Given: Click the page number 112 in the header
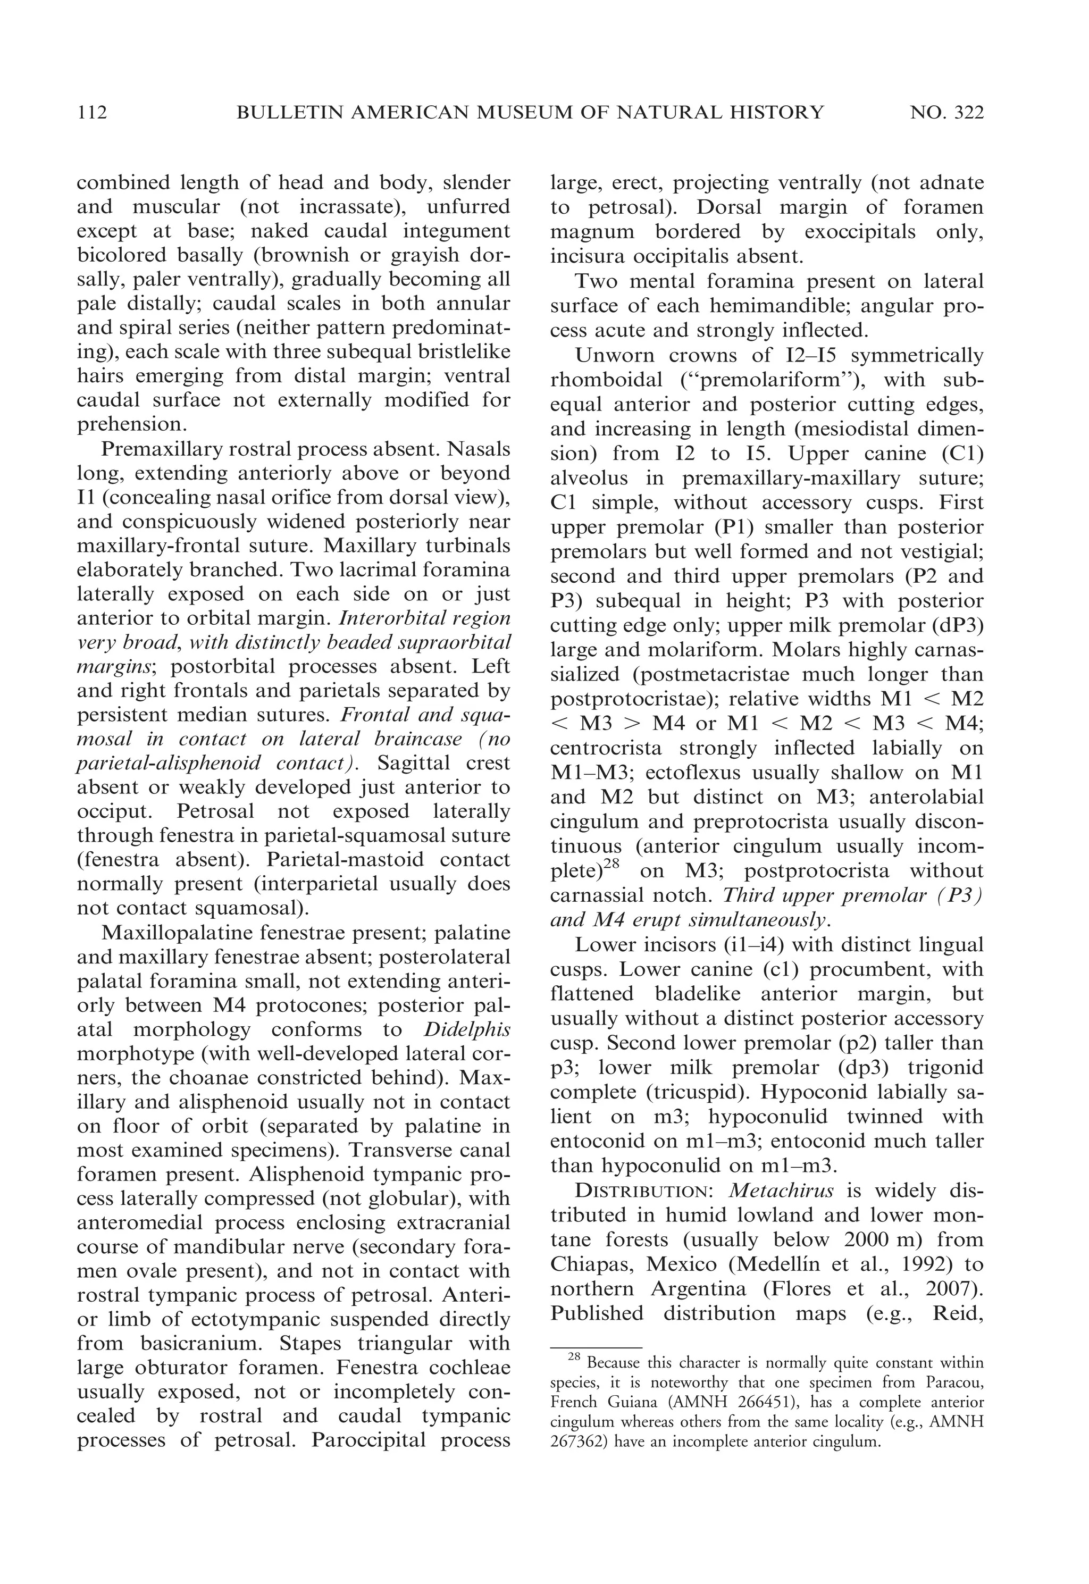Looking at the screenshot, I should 92,112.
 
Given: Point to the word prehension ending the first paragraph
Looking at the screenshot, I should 130,424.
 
